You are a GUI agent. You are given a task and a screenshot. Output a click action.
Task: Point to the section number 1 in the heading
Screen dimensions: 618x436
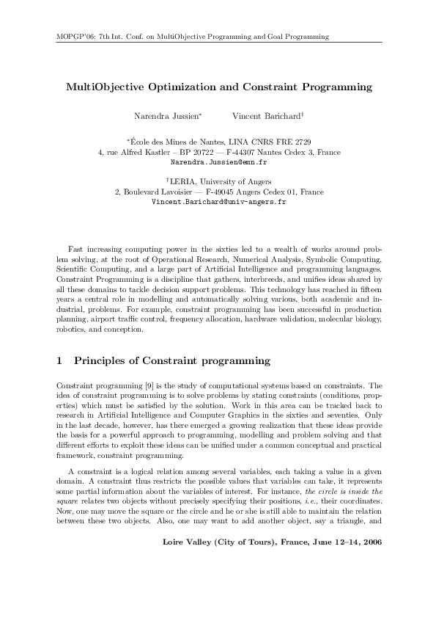pyautogui.click(x=59, y=361)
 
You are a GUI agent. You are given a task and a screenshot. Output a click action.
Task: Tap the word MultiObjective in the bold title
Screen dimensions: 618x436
pyautogui.click(x=111, y=87)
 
